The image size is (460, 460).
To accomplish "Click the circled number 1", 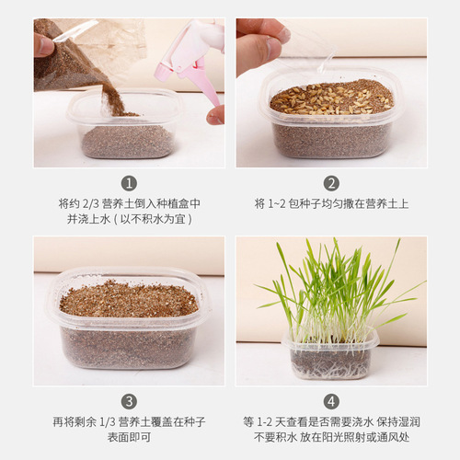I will click(x=129, y=183).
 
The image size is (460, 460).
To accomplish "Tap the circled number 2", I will click(x=331, y=183).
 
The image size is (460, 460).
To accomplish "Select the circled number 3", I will click(x=129, y=401).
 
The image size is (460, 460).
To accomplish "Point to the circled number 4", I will click(x=331, y=401).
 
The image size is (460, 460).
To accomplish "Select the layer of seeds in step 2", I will click(x=331, y=98).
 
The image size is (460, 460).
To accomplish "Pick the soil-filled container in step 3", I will click(x=129, y=322).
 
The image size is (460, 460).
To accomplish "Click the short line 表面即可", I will click(x=129, y=440).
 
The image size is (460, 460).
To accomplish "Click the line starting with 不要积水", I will click(x=331, y=440).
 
